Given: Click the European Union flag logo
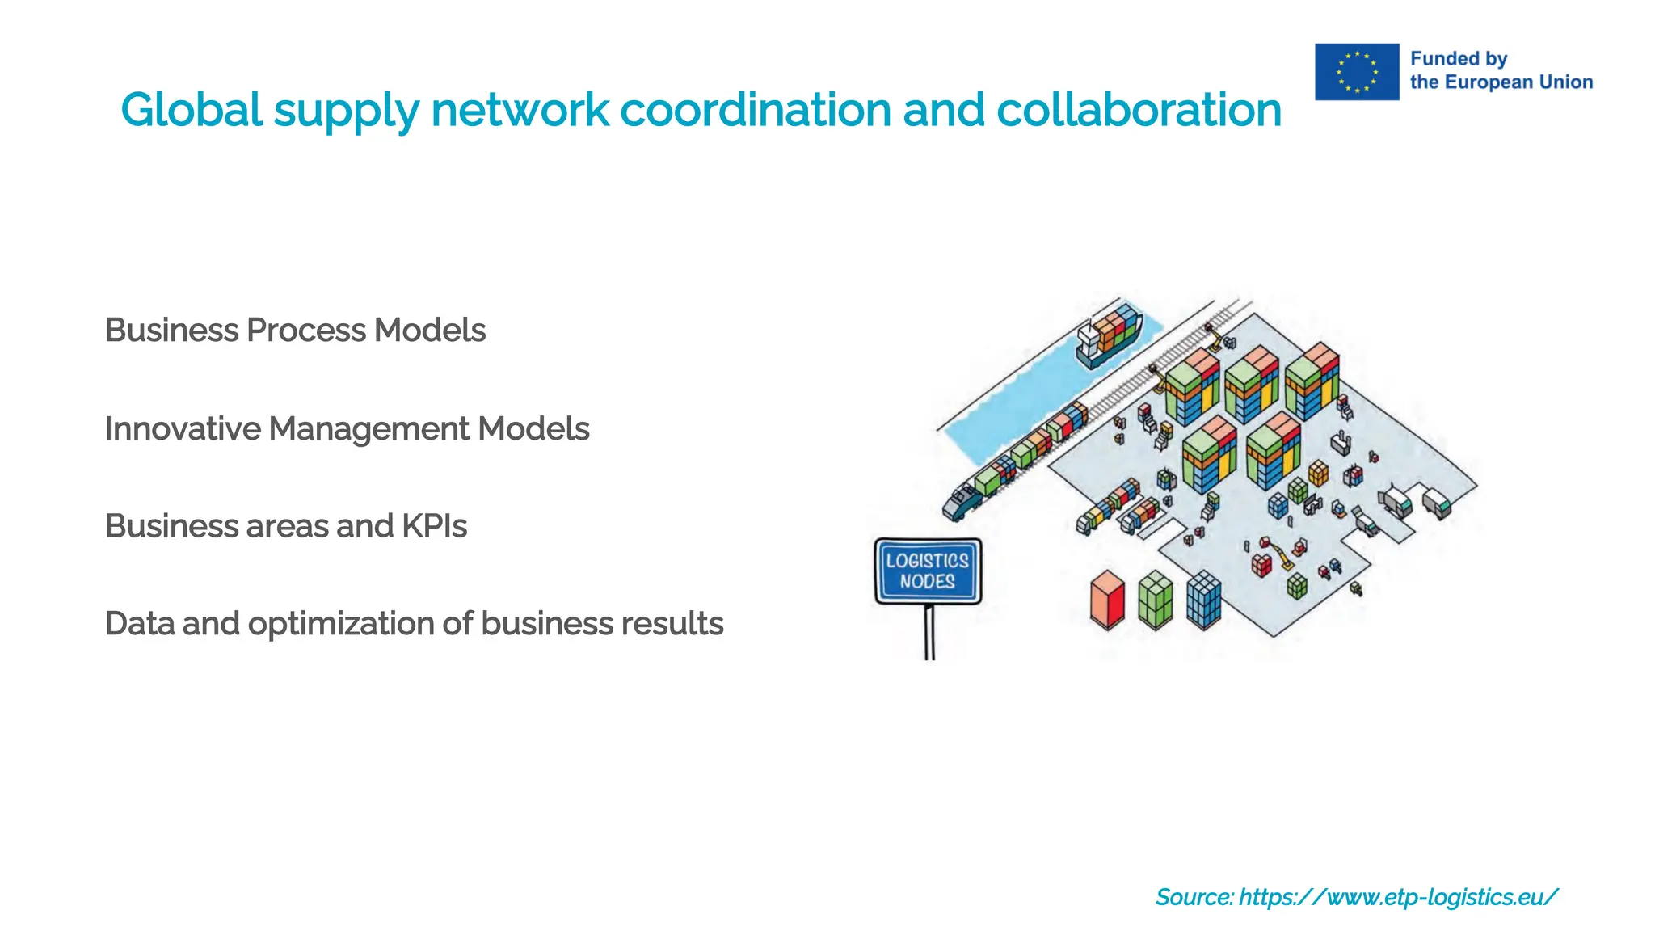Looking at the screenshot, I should (1356, 72).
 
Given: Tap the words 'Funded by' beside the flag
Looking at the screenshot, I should (1458, 59).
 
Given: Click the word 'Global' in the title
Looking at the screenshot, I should (192, 110).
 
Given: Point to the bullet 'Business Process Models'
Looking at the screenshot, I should (295, 331).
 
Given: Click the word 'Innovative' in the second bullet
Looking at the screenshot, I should (183, 429).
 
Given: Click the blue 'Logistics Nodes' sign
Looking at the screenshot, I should (928, 571).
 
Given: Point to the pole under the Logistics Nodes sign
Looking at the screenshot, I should (929, 632).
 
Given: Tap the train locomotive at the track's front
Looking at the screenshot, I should (962, 501).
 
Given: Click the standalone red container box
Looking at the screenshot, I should (1107, 600).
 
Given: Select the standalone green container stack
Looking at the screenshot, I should (1155, 600).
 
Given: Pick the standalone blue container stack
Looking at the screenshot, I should (1203, 600).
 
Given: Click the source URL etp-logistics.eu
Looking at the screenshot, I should (1397, 897).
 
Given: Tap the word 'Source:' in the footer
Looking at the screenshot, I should (1194, 897).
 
